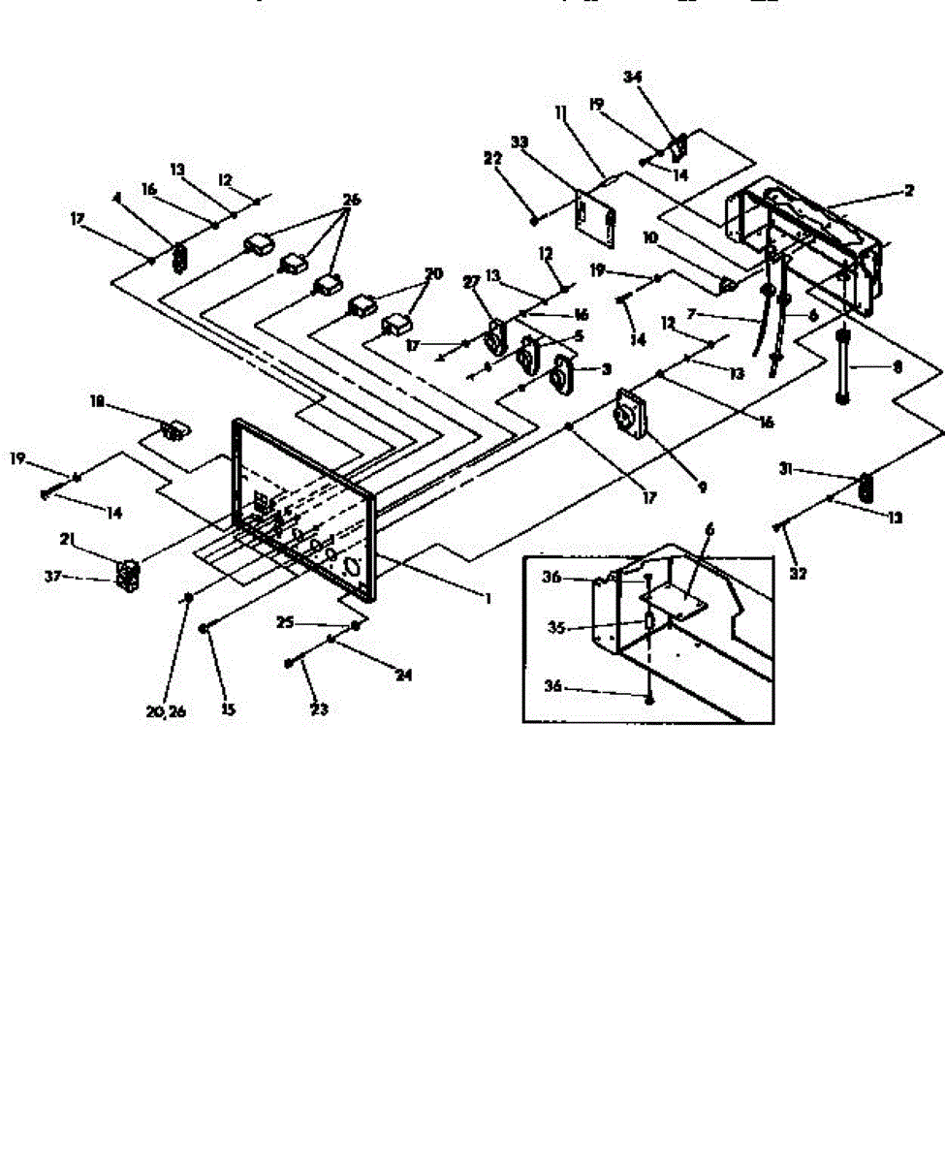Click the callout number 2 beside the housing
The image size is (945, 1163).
pos(908,191)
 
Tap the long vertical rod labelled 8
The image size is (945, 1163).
pos(841,368)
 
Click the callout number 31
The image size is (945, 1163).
pos(787,469)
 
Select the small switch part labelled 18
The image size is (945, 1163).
pos(175,427)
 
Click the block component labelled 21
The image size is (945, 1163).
pos(127,574)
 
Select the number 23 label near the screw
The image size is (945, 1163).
pos(318,709)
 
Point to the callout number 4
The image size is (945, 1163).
pos(118,199)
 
